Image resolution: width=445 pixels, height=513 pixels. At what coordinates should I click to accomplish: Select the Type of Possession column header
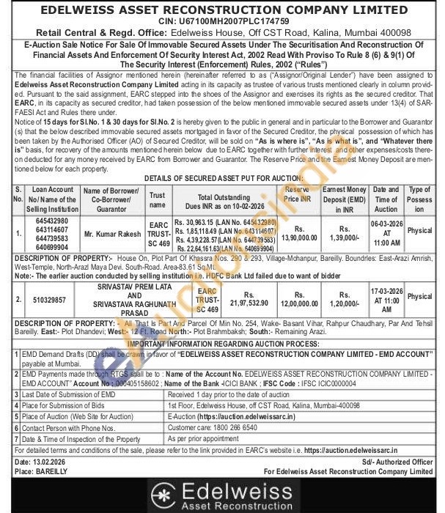click(x=419, y=199)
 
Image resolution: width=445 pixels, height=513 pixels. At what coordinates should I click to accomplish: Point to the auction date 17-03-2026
click(x=386, y=291)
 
